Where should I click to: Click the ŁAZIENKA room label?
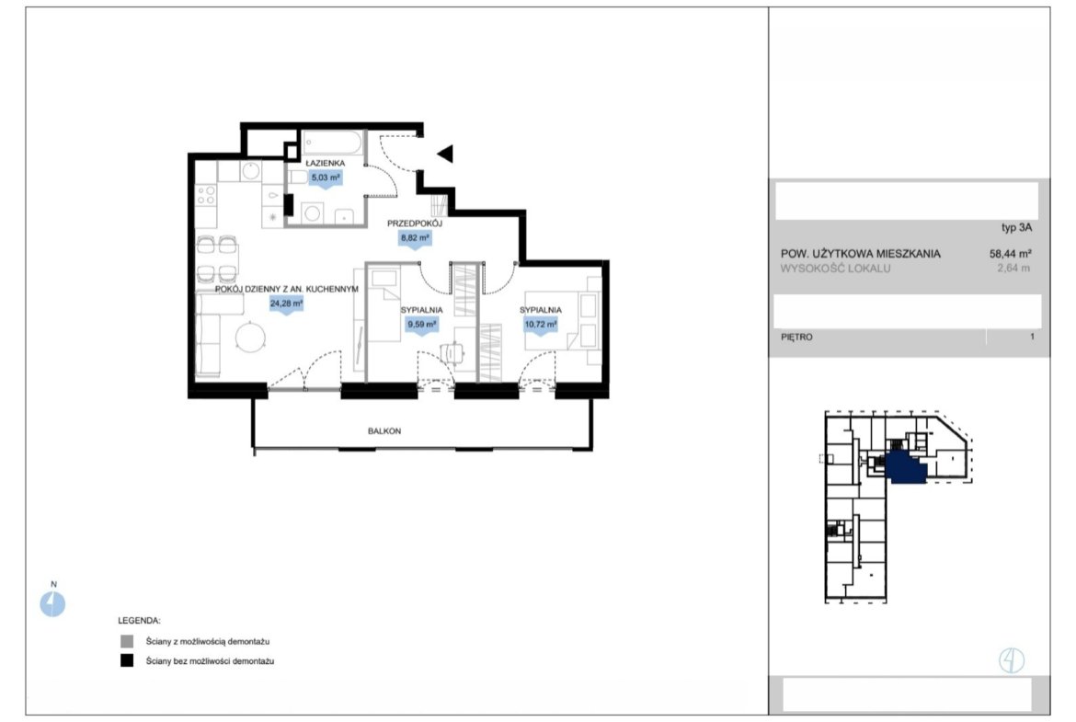coord(326,164)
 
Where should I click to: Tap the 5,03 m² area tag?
coord(326,178)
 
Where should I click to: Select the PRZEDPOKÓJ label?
coord(415,223)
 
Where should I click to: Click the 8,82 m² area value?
coord(415,238)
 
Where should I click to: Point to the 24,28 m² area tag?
coord(286,304)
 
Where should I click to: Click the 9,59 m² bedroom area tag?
coord(422,324)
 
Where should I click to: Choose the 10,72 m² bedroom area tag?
coord(541,324)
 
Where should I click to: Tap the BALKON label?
coord(384,431)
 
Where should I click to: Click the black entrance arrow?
coord(445,154)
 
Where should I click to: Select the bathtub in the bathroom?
coord(332,144)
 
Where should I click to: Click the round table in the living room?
coord(250,338)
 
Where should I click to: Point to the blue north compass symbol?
coord(52,604)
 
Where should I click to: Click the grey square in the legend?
coord(127,642)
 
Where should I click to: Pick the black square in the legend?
coord(127,661)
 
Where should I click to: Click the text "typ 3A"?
coord(1016,228)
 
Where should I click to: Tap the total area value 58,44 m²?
coord(1011,253)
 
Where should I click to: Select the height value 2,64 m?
coord(1013,269)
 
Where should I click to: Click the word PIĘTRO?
coord(796,337)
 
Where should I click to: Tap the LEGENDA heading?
coord(139,621)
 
